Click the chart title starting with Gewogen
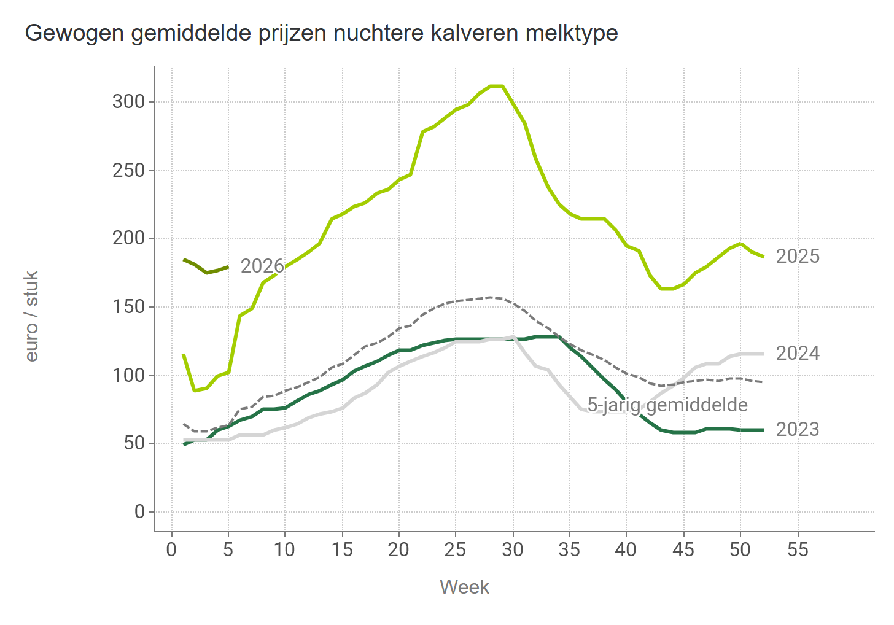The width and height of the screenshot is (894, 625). [x=321, y=33]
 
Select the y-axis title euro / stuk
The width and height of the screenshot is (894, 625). [x=32, y=316]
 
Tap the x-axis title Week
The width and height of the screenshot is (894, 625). [x=464, y=587]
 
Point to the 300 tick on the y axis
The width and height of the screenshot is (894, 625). [x=128, y=101]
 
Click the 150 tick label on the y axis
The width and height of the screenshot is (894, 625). [x=128, y=306]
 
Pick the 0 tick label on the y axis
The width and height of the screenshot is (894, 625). [x=139, y=511]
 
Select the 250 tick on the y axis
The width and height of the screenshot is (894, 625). [x=128, y=170]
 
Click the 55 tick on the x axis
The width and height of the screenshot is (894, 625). [x=798, y=549]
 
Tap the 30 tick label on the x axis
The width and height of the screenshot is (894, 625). [x=513, y=549]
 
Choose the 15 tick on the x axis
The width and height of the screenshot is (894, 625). [x=342, y=549]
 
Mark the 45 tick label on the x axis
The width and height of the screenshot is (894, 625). [x=683, y=549]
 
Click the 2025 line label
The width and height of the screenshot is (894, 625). [x=798, y=256]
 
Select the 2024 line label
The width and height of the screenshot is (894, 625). [x=798, y=353]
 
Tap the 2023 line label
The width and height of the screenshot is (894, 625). [x=798, y=429]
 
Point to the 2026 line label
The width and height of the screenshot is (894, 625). [x=262, y=266]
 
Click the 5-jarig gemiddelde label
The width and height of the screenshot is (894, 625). [x=667, y=405]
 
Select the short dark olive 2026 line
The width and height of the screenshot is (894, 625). [x=206, y=268]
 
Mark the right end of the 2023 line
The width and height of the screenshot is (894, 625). [x=763, y=430]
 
